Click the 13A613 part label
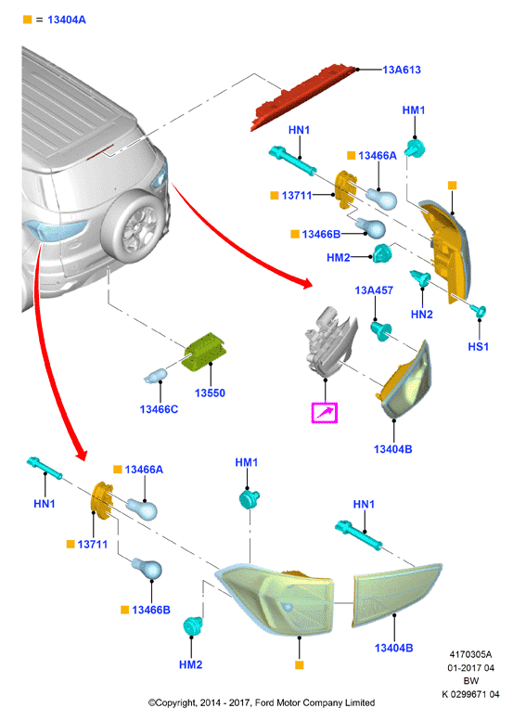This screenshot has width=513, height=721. tap(402, 70)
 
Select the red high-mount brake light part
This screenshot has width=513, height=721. tap(304, 97)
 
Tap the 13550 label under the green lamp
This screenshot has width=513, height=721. tap(210, 393)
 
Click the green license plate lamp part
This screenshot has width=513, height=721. tap(205, 352)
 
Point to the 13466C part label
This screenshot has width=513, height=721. tap(159, 409)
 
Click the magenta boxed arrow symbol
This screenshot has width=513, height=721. tap(325, 412)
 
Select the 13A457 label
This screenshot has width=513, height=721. tap(374, 290)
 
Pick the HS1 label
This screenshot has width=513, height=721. tap(478, 347)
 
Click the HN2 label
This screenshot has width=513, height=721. tap(421, 315)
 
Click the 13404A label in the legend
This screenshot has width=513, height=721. tap(67, 19)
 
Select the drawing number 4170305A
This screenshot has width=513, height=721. tap(470, 654)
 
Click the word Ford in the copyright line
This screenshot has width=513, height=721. tap(264, 702)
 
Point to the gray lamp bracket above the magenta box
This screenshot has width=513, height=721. tap(330, 340)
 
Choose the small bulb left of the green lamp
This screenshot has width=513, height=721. tap(155, 376)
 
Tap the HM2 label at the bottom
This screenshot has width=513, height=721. tap(190, 665)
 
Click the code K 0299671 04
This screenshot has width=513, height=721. tap(470, 694)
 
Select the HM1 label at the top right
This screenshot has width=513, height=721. tap(414, 110)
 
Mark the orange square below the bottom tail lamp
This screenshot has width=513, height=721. tap(300, 665)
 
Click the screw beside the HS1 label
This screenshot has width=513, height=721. tap(478, 311)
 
